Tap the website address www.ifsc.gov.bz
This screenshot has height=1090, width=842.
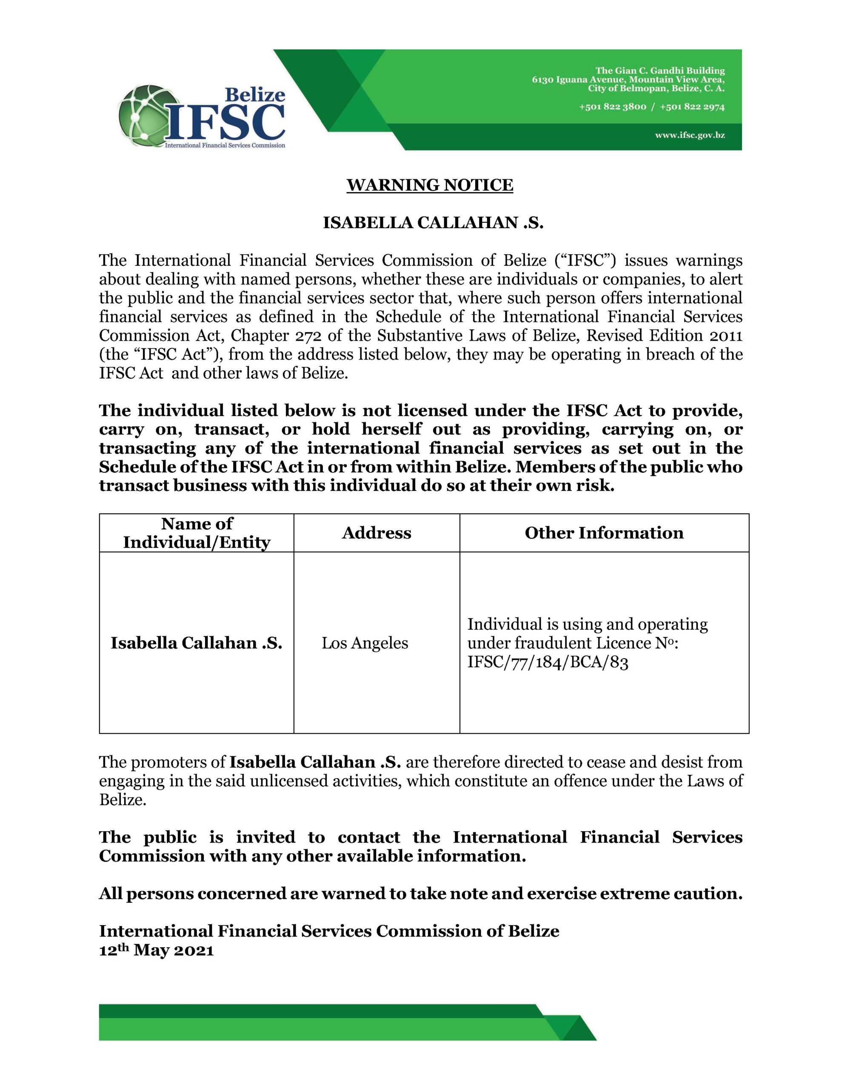690,135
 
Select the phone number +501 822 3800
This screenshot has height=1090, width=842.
613,107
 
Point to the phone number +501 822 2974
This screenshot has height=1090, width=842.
692,107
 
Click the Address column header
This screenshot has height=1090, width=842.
376,533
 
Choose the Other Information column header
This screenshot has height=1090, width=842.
604,533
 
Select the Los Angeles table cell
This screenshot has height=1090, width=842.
365,643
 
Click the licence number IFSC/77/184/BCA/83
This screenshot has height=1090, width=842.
547,662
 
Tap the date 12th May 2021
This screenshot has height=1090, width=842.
156,950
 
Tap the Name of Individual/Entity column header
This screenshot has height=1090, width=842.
197,533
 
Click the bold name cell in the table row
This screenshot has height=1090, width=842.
197,643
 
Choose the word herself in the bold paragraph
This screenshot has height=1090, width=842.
391,429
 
